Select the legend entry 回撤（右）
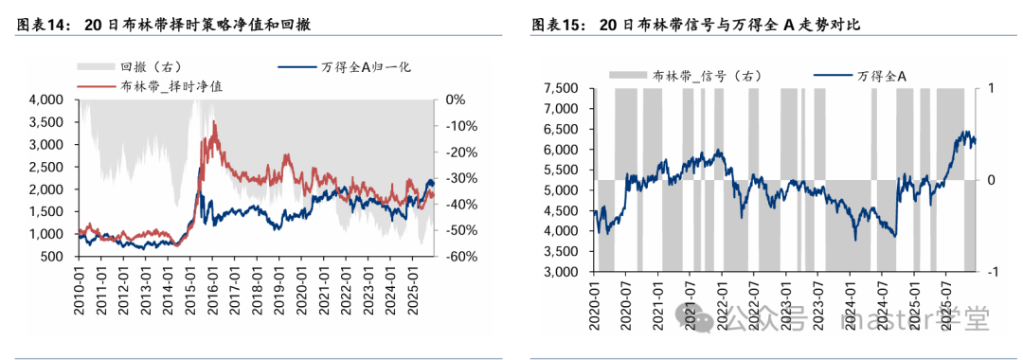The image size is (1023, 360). (x=142, y=67)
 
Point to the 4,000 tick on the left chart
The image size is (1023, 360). (x=45, y=99)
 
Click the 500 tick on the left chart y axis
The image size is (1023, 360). (x=52, y=257)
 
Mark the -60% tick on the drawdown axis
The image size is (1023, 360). (x=458, y=257)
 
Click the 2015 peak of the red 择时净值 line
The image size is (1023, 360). (x=214, y=123)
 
